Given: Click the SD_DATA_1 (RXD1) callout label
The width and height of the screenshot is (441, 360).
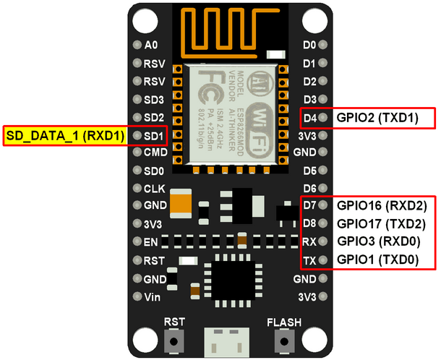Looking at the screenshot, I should [66, 135].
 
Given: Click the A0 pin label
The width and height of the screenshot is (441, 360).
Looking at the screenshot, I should [150, 45].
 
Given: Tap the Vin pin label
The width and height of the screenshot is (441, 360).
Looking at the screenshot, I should [152, 297].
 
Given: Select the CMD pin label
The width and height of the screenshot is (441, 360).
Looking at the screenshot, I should [155, 153].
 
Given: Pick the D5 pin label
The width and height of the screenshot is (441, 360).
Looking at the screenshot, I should [309, 171].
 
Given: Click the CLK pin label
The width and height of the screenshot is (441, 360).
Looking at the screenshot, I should [155, 189].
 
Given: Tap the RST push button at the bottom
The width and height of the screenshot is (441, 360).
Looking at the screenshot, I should [174, 340].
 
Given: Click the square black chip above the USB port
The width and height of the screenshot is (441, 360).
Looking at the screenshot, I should [226, 277].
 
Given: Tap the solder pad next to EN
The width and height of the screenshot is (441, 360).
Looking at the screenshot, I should [137, 241].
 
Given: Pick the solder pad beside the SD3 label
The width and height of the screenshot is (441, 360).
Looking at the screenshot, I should [137, 99].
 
